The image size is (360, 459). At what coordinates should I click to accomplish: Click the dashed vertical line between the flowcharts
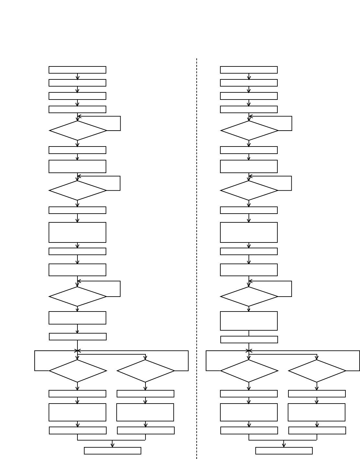pos(197,227)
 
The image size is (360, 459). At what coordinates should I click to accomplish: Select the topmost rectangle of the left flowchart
pos(77,70)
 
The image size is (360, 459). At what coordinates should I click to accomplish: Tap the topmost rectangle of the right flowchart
pos(249,70)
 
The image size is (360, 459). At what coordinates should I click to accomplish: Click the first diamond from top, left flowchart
pos(78,131)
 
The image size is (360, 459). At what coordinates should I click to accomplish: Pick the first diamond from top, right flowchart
pos(249,131)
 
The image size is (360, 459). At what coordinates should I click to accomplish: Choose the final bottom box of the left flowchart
pos(112,451)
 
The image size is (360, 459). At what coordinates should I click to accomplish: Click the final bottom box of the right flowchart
pos(284,451)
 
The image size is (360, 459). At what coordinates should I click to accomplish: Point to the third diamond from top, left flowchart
pos(78,297)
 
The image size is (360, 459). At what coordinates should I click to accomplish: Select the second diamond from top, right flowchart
pos(249,190)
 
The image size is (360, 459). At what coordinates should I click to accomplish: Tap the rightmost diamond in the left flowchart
pos(145,371)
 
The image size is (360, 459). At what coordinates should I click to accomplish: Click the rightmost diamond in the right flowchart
pos(317,371)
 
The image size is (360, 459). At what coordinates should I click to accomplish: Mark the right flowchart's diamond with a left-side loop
pos(249,371)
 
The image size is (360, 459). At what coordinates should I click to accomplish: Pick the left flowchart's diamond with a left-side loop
pos(78,371)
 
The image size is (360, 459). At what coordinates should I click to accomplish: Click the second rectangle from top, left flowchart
pos(77,83)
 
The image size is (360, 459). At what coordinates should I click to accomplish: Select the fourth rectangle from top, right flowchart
pos(249,109)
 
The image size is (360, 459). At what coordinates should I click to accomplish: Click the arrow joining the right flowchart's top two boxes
pos(249,76)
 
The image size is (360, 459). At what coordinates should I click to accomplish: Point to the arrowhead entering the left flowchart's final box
pos(112,445)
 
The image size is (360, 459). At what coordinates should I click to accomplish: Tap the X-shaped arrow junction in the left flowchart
pos(77,350)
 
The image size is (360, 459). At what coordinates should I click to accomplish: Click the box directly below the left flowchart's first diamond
pos(77,150)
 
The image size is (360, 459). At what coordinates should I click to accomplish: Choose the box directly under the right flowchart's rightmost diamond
pos(317,394)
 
